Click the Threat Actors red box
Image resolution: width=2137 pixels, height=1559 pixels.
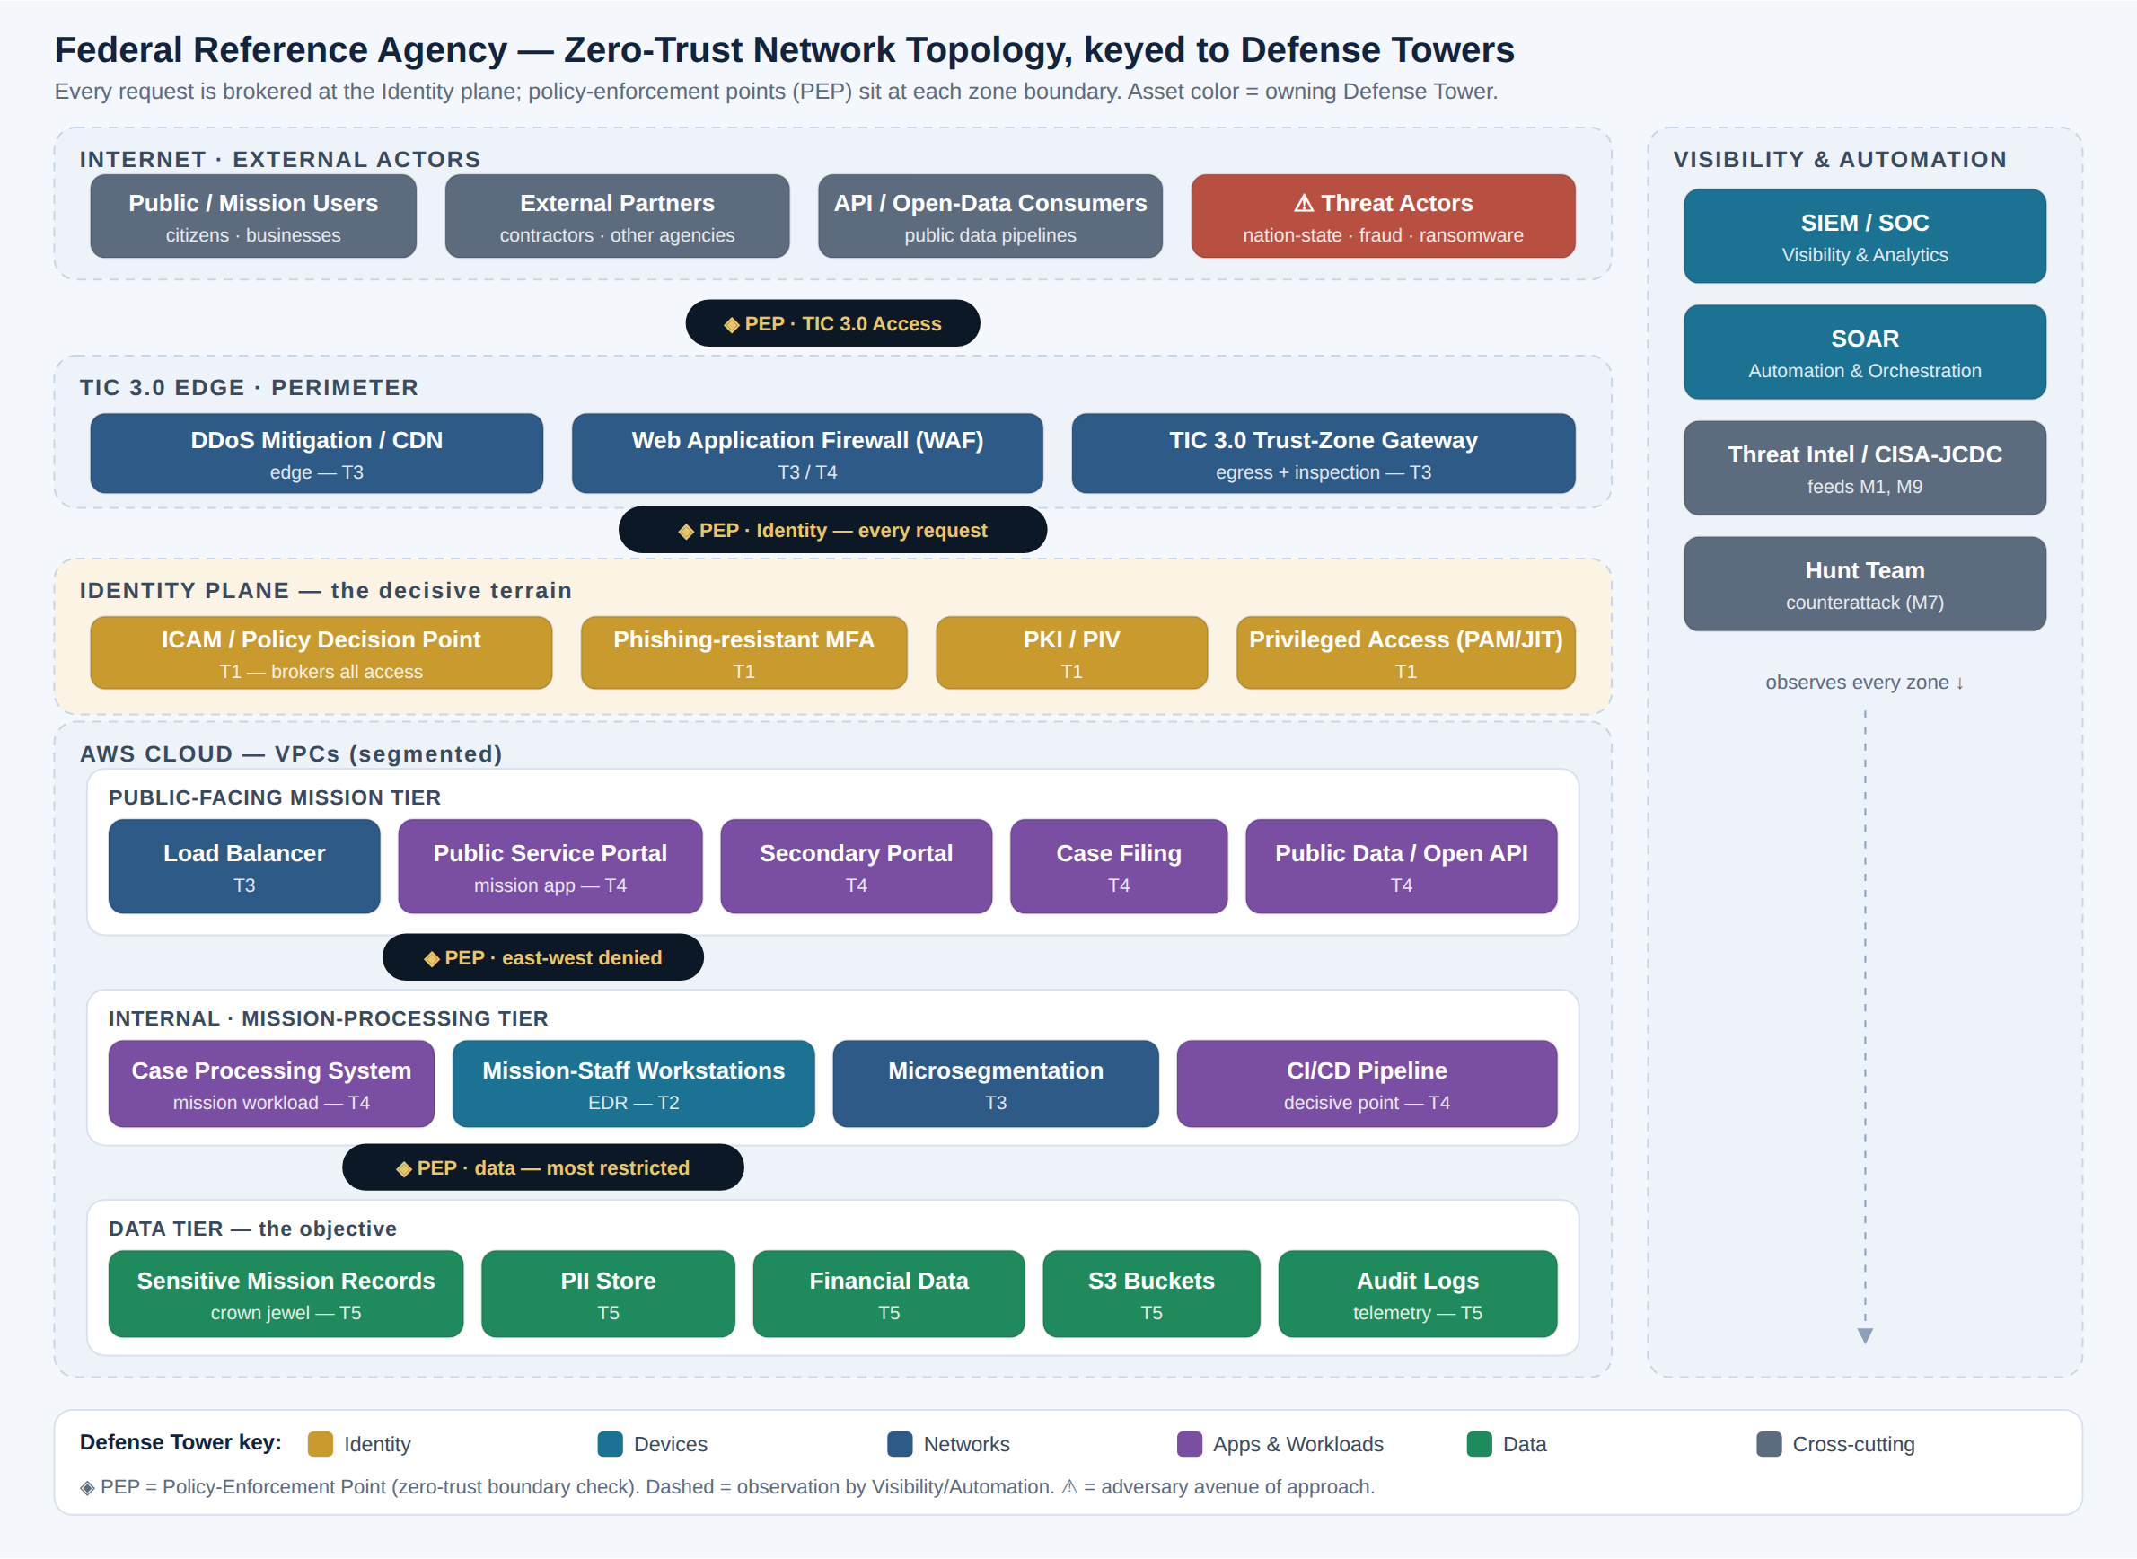pyautogui.click(x=1382, y=216)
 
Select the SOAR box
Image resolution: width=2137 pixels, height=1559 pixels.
pyautogui.click(x=1864, y=352)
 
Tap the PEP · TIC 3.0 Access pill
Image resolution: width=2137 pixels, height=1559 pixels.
pyautogui.click(x=832, y=323)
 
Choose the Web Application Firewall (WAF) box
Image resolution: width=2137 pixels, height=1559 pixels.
pyautogui.click(x=806, y=453)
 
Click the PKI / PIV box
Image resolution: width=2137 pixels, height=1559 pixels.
pyautogui.click(x=1071, y=653)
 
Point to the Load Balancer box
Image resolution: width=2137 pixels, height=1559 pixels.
pyautogui.click(x=244, y=867)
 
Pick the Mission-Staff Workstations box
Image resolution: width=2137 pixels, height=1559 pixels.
pyautogui.click(x=633, y=1083)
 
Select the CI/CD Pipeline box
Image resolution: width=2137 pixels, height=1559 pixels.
pyautogui.click(x=1367, y=1083)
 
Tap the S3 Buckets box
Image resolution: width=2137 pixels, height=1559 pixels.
pyautogui.click(x=1151, y=1294)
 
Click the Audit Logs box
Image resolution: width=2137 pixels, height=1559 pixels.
pyautogui.click(x=1417, y=1294)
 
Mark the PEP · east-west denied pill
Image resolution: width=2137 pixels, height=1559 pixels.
pyautogui.click(x=542, y=958)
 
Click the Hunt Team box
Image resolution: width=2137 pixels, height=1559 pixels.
pyautogui.click(x=1864, y=584)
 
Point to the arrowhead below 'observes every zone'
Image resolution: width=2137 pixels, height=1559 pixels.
pyautogui.click(x=1864, y=1335)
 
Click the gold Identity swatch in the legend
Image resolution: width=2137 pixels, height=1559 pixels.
pyautogui.click(x=320, y=1444)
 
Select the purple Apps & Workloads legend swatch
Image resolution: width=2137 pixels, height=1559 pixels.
pyautogui.click(x=1190, y=1444)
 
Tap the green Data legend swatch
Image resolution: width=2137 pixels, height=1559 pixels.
pyautogui.click(x=1480, y=1444)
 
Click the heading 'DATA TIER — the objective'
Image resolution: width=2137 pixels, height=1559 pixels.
pyautogui.click(x=252, y=1229)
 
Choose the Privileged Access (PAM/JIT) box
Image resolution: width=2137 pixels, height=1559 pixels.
pyautogui.click(x=1406, y=653)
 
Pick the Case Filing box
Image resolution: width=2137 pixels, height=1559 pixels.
pyautogui.click(x=1118, y=867)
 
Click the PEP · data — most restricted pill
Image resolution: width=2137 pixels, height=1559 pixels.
pyautogui.click(x=542, y=1167)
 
